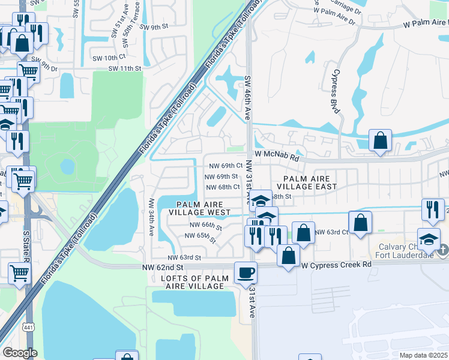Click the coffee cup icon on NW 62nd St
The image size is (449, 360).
246,273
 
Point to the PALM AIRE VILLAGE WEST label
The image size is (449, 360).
199,208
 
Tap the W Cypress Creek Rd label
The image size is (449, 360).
333,265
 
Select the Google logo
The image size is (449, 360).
20,353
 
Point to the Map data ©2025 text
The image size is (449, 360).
423,355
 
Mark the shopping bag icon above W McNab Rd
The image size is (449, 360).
380,141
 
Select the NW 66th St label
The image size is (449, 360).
206,226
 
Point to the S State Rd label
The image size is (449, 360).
26,246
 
